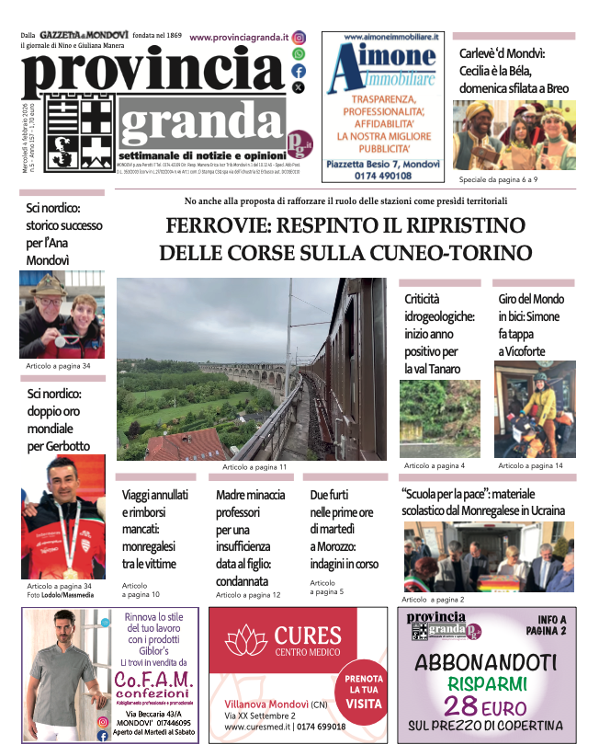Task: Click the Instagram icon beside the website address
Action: (299, 39)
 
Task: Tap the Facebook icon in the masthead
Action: (299, 71)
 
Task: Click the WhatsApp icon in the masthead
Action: (299, 55)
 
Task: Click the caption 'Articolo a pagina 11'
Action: (254, 467)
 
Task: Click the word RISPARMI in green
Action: (487, 684)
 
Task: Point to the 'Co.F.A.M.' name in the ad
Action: (153, 680)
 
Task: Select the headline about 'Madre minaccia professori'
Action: (250, 538)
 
